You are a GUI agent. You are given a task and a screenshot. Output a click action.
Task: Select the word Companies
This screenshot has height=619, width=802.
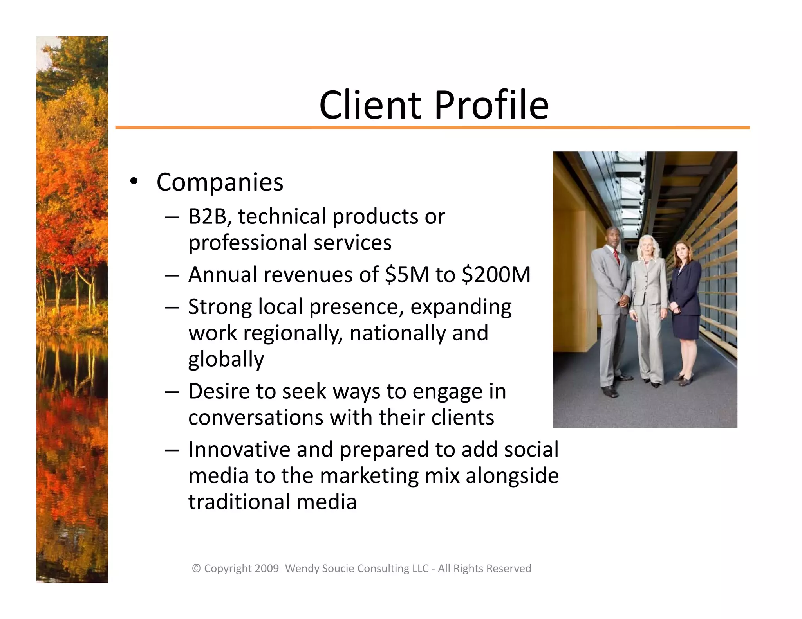click(220, 182)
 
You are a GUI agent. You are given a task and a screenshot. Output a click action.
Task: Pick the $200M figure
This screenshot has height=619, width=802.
click(496, 274)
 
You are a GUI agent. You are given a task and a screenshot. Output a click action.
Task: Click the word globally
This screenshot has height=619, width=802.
click(226, 359)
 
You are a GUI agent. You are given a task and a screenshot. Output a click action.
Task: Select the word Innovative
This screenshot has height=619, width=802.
click(239, 449)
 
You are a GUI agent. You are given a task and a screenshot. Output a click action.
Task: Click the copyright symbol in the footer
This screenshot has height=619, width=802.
click(196, 569)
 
